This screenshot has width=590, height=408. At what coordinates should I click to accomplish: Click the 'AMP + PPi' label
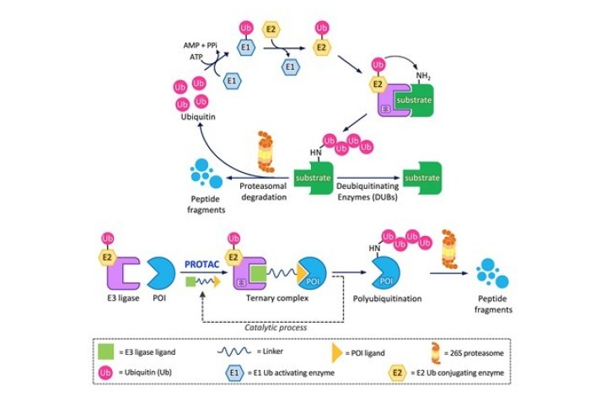tap(203, 43)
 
